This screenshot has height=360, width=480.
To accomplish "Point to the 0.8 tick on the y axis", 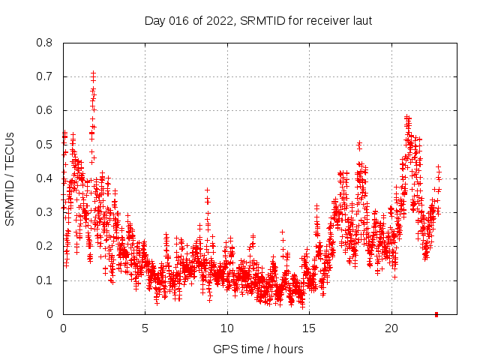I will [45, 43].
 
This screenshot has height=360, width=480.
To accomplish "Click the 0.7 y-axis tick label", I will [45, 76].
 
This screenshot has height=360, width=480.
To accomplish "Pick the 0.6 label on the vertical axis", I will [45, 110].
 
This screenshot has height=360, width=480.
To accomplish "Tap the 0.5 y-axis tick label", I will [45, 145].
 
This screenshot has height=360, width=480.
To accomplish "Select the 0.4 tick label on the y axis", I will [45, 178].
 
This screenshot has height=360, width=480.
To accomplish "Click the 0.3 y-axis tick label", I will [45, 212].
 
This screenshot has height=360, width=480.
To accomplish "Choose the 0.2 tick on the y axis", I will [45, 246].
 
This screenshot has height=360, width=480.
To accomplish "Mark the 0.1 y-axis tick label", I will [45, 280].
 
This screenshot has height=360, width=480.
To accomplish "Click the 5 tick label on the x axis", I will [145, 328].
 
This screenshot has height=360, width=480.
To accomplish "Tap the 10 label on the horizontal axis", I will [227, 328].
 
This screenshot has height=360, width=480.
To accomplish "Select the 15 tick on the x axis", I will [309, 328].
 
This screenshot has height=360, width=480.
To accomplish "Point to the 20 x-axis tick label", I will [391, 328].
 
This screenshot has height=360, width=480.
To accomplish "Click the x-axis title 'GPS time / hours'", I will [259, 349].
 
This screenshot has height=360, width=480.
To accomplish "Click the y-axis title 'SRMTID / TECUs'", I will [10, 178].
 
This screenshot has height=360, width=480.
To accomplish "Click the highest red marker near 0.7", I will [93, 73].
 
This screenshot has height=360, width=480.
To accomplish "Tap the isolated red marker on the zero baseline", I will [436, 314].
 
